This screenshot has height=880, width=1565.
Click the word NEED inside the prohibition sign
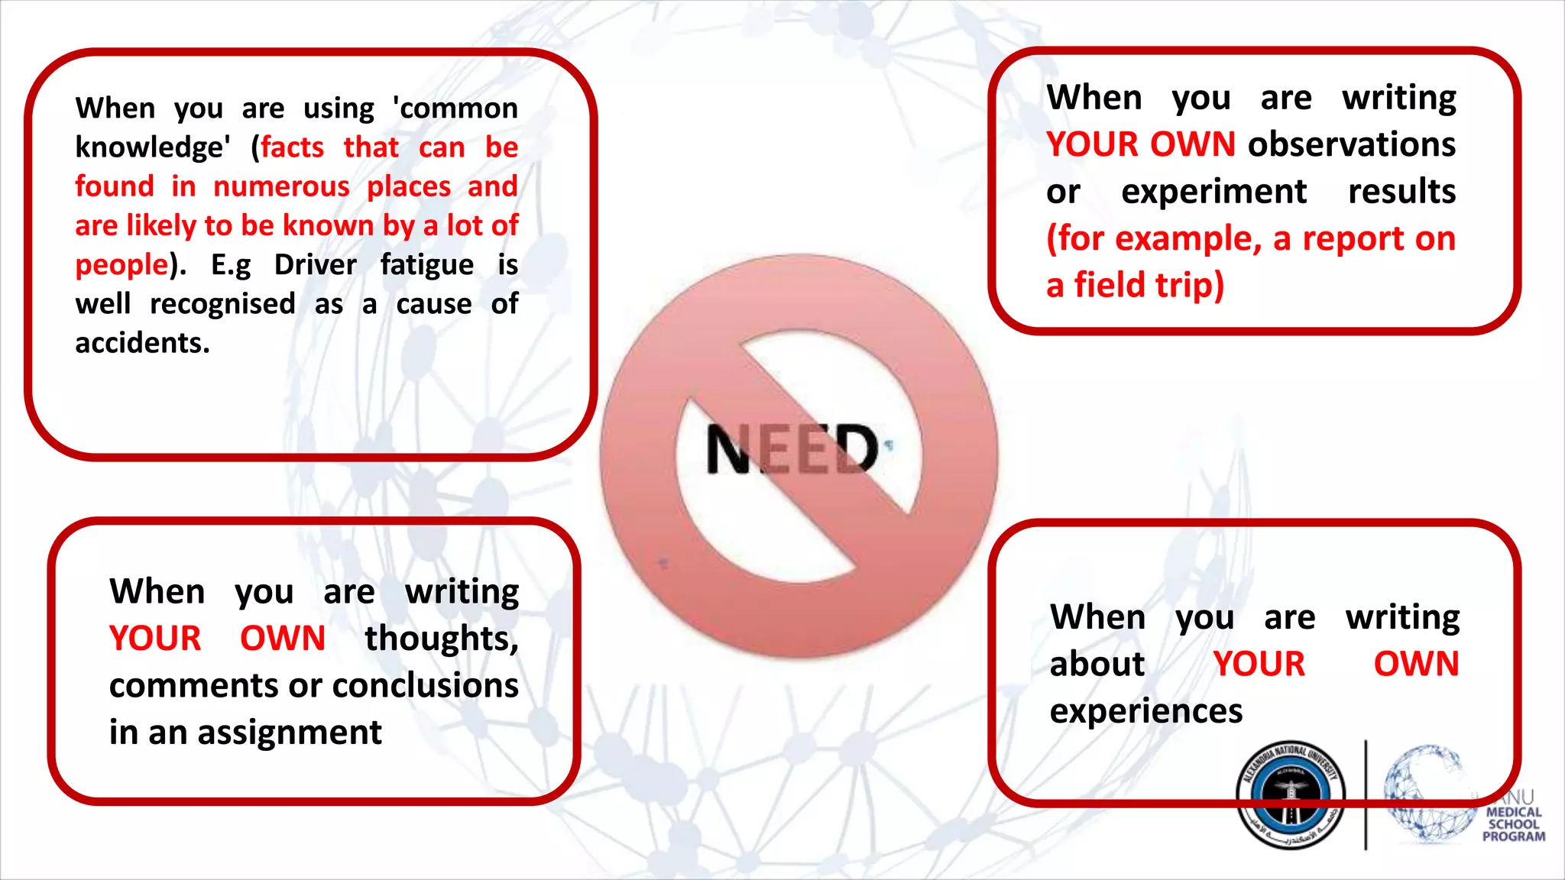pos(792,449)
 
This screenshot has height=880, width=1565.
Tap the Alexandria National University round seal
pos(1291,794)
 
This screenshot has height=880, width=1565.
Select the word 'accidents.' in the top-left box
pos(142,343)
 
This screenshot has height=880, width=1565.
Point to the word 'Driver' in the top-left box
pos(315,265)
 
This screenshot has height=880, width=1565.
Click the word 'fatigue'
pos(426,265)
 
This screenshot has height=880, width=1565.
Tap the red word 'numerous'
pos(281,186)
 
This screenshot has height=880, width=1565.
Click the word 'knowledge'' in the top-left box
pos(152,147)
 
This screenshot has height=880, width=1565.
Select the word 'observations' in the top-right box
pos(1352,144)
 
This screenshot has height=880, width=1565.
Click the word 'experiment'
pos(1213,192)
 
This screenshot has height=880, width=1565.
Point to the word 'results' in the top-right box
pos(1401,192)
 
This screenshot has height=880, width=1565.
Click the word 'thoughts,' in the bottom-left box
pos(441,639)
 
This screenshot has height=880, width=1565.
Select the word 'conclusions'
pos(425,685)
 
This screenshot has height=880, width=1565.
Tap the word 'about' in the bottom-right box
pos(1097,664)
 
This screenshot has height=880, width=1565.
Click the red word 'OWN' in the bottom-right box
pos(1416,664)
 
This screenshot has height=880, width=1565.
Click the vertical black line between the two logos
pos(1366,794)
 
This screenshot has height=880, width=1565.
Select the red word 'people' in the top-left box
pos(121,265)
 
